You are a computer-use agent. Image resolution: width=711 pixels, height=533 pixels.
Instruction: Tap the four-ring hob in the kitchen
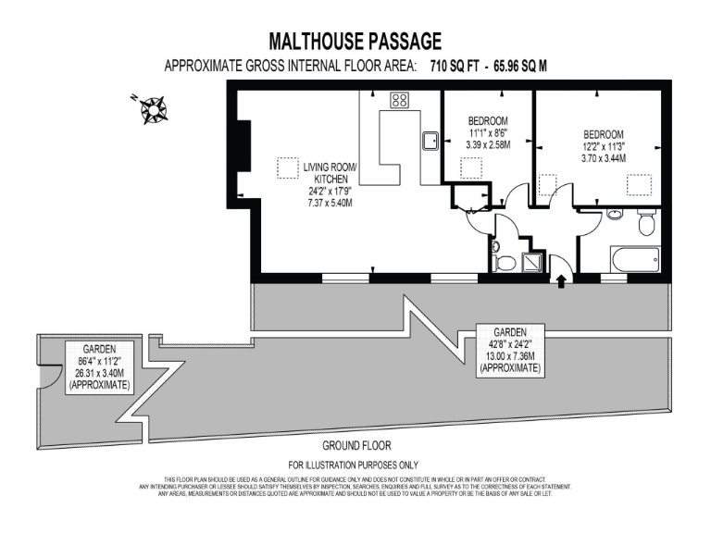click(x=400, y=101)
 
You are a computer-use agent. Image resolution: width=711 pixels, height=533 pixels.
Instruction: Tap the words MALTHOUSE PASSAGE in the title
click(x=355, y=42)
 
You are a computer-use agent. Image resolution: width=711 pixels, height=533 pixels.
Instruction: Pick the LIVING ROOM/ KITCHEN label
click(x=330, y=173)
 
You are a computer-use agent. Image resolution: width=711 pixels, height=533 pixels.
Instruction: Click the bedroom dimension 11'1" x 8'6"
click(x=487, y=133)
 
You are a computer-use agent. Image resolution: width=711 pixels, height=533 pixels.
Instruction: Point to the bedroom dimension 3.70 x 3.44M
click(x=603, y=158)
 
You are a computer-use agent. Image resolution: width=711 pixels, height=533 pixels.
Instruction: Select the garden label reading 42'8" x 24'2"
click(x=509, y=343)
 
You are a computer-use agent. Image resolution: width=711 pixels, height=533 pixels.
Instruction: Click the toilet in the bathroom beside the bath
click(x=647, y=222)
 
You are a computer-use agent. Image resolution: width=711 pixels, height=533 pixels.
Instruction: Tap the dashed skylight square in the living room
click(x=288, y=169)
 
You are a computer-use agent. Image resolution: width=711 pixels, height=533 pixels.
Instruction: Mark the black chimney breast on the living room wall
click(x=243, y=145)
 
